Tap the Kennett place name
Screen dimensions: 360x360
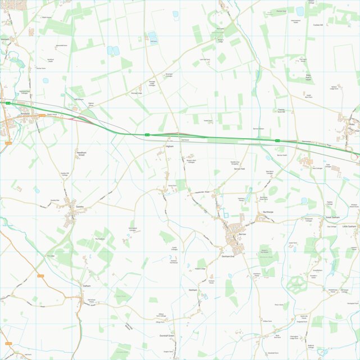(x=5, y=39)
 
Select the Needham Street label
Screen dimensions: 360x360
(x=81, y=153)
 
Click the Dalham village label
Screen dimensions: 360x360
(x=86, y=286)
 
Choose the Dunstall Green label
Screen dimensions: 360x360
(x=167, y=335)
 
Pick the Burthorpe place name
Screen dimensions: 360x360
(x=268, y=212)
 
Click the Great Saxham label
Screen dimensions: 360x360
(x=332, y=217)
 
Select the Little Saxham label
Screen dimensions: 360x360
(x=349, y=226)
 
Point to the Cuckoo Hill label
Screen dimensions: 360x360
(x=318, y=25)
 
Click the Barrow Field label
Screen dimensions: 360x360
(x=239, y=168)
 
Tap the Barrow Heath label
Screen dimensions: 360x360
(x=281, y=154)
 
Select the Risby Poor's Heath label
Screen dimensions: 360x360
(x=308, y=77)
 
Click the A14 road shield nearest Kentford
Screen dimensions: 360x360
(x=8, y=103)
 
